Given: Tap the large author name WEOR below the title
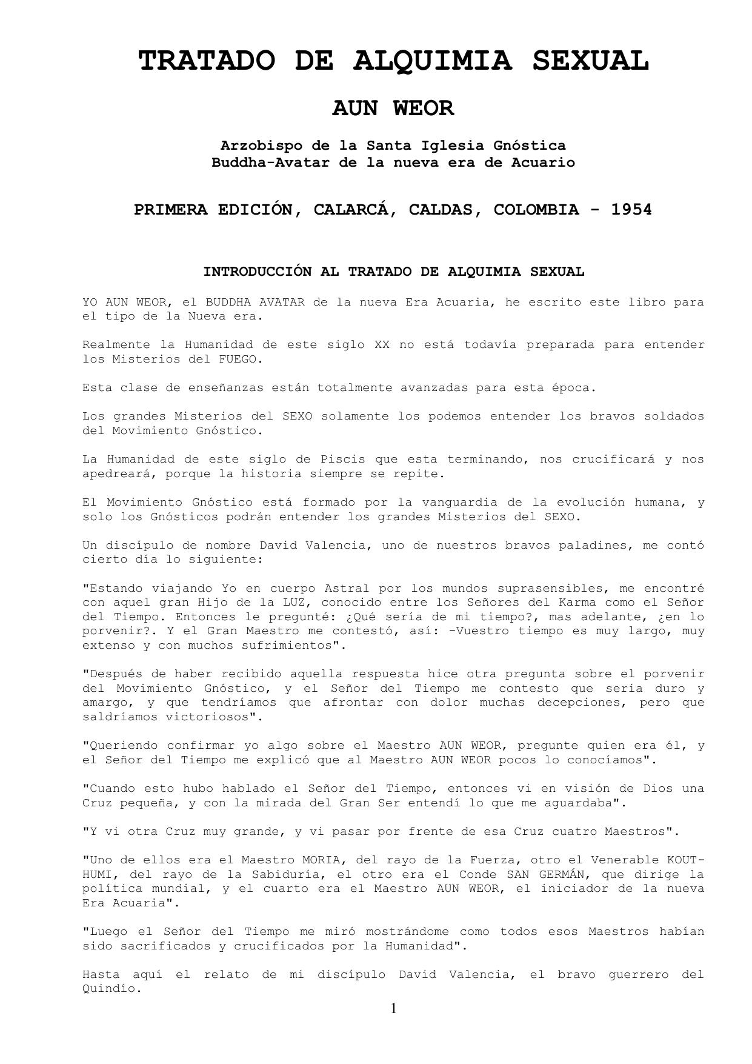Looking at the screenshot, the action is (x=423, y=108).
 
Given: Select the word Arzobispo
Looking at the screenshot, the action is (x=261, y=146).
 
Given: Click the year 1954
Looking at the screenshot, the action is (x=631, y=210).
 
